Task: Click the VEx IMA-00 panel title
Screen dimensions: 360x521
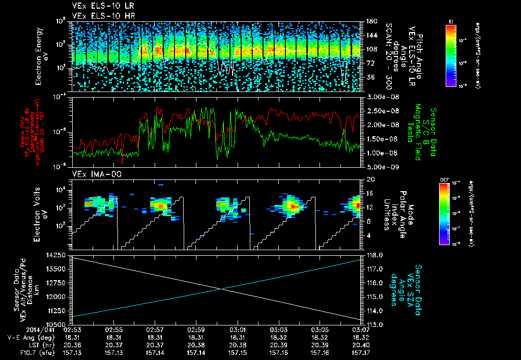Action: (93, 174)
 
